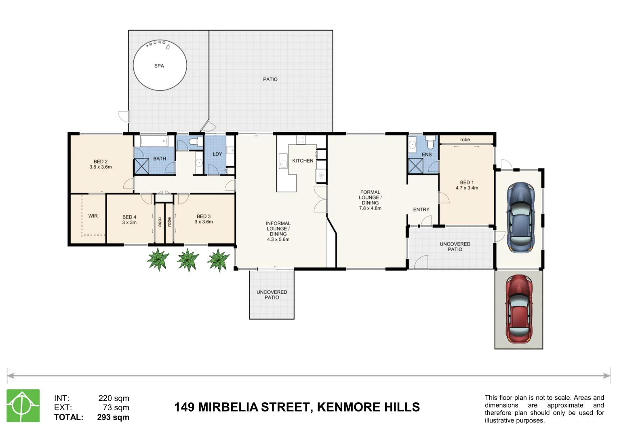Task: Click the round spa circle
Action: point(160,66)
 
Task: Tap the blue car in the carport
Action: point(521,217)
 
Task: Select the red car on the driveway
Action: point(519,309)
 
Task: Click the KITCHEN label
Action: point(303,161)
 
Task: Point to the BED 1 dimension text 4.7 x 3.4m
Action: point(467,188)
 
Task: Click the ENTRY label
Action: point(421,210)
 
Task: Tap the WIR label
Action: point(93,216)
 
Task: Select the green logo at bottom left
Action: point(23,406)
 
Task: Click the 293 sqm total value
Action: point(113,417)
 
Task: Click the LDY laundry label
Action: point(217,154)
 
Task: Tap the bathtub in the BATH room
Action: point(154,141)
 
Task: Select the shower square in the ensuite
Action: point(415,166)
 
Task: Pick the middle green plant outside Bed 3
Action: point(188,260)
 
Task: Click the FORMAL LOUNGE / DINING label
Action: point(370,200)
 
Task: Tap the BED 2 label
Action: point(101,161)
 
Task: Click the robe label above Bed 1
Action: point(465,140)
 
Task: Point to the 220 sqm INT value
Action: point(114,398)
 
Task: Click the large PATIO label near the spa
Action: point(270,79)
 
